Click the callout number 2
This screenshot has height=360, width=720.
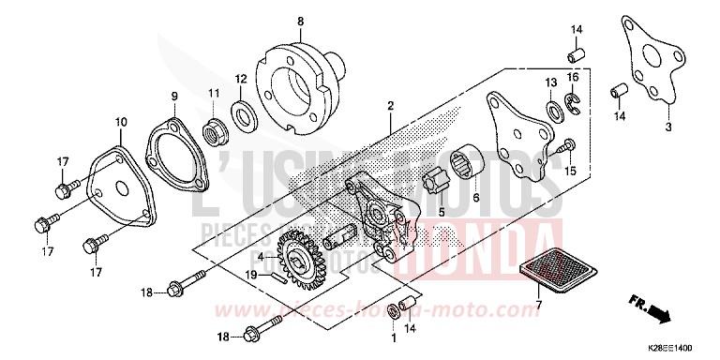(x=389, y=108)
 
